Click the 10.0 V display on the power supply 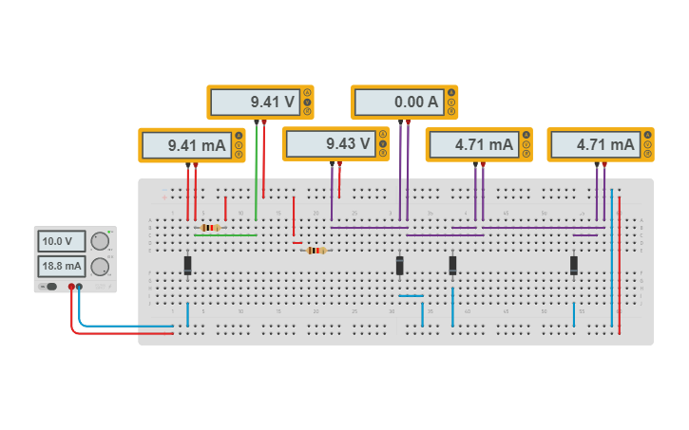coord(61,241)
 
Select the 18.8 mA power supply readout coord(61,266)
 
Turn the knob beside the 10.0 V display coord(99,241)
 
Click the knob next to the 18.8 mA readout coord(99,266)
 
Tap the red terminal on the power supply coord(70,287)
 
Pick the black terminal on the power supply coord(79,287)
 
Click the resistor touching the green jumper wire coord(211,228)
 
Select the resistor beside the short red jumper coord(316,251)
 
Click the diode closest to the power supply coord(188,266)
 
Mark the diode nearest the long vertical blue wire coord(574,266)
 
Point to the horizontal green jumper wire coord(226,235)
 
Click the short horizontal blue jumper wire coord(411,296)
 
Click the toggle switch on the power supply coord(48,287)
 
